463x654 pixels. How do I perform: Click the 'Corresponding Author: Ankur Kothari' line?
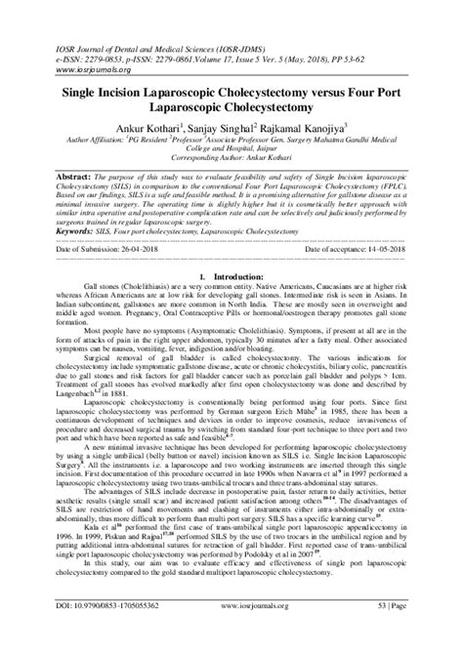pos(231,157)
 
